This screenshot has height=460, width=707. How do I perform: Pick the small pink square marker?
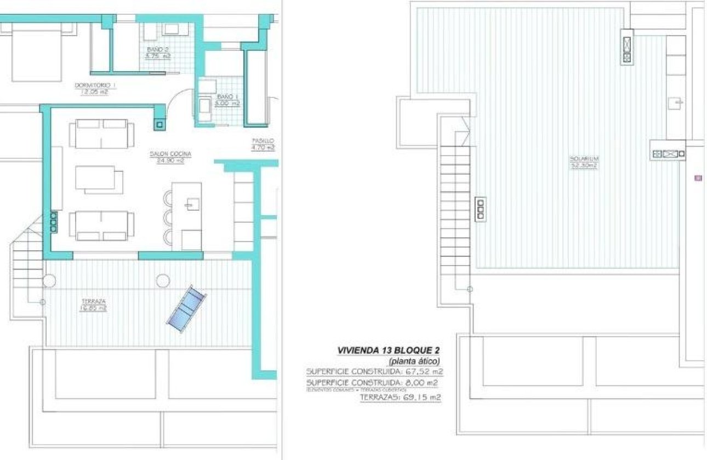coord(698,177)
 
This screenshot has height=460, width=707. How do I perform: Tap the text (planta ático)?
coord(414,361)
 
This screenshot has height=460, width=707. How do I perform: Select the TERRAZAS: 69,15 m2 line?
coord(400,398)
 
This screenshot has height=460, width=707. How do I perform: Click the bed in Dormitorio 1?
coord(35,52)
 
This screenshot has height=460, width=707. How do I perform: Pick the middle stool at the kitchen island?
coord(167,217)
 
